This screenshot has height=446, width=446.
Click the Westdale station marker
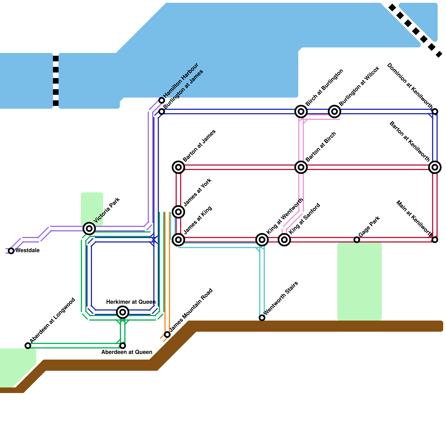(11, 251)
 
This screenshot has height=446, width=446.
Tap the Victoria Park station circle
(89, 229)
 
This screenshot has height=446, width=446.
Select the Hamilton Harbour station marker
(162, 100)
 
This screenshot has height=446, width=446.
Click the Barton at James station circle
(178, 167)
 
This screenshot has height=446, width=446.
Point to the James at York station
(178, 212)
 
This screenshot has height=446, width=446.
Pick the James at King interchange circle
(178, 240)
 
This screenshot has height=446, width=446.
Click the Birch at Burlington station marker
(301, 111)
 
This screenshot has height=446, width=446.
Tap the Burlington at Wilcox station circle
(334, 111)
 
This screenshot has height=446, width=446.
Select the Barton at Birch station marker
(301, 167)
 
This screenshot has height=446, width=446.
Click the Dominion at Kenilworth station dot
(435, 111)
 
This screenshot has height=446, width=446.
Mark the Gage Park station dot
(357, 240)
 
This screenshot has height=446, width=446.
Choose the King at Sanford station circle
(284, 240)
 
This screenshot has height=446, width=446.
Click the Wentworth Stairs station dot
(262, 318)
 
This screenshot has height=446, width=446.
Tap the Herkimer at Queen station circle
(123, 312)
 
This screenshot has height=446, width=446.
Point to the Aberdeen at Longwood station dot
(28, 346)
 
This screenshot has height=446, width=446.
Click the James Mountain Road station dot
(167, 334)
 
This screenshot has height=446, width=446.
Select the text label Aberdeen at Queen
(127, 352)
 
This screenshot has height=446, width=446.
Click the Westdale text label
(27, 251)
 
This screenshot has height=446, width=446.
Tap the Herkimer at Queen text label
(131, 302)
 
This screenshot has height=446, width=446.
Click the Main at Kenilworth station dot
(435, 240)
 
